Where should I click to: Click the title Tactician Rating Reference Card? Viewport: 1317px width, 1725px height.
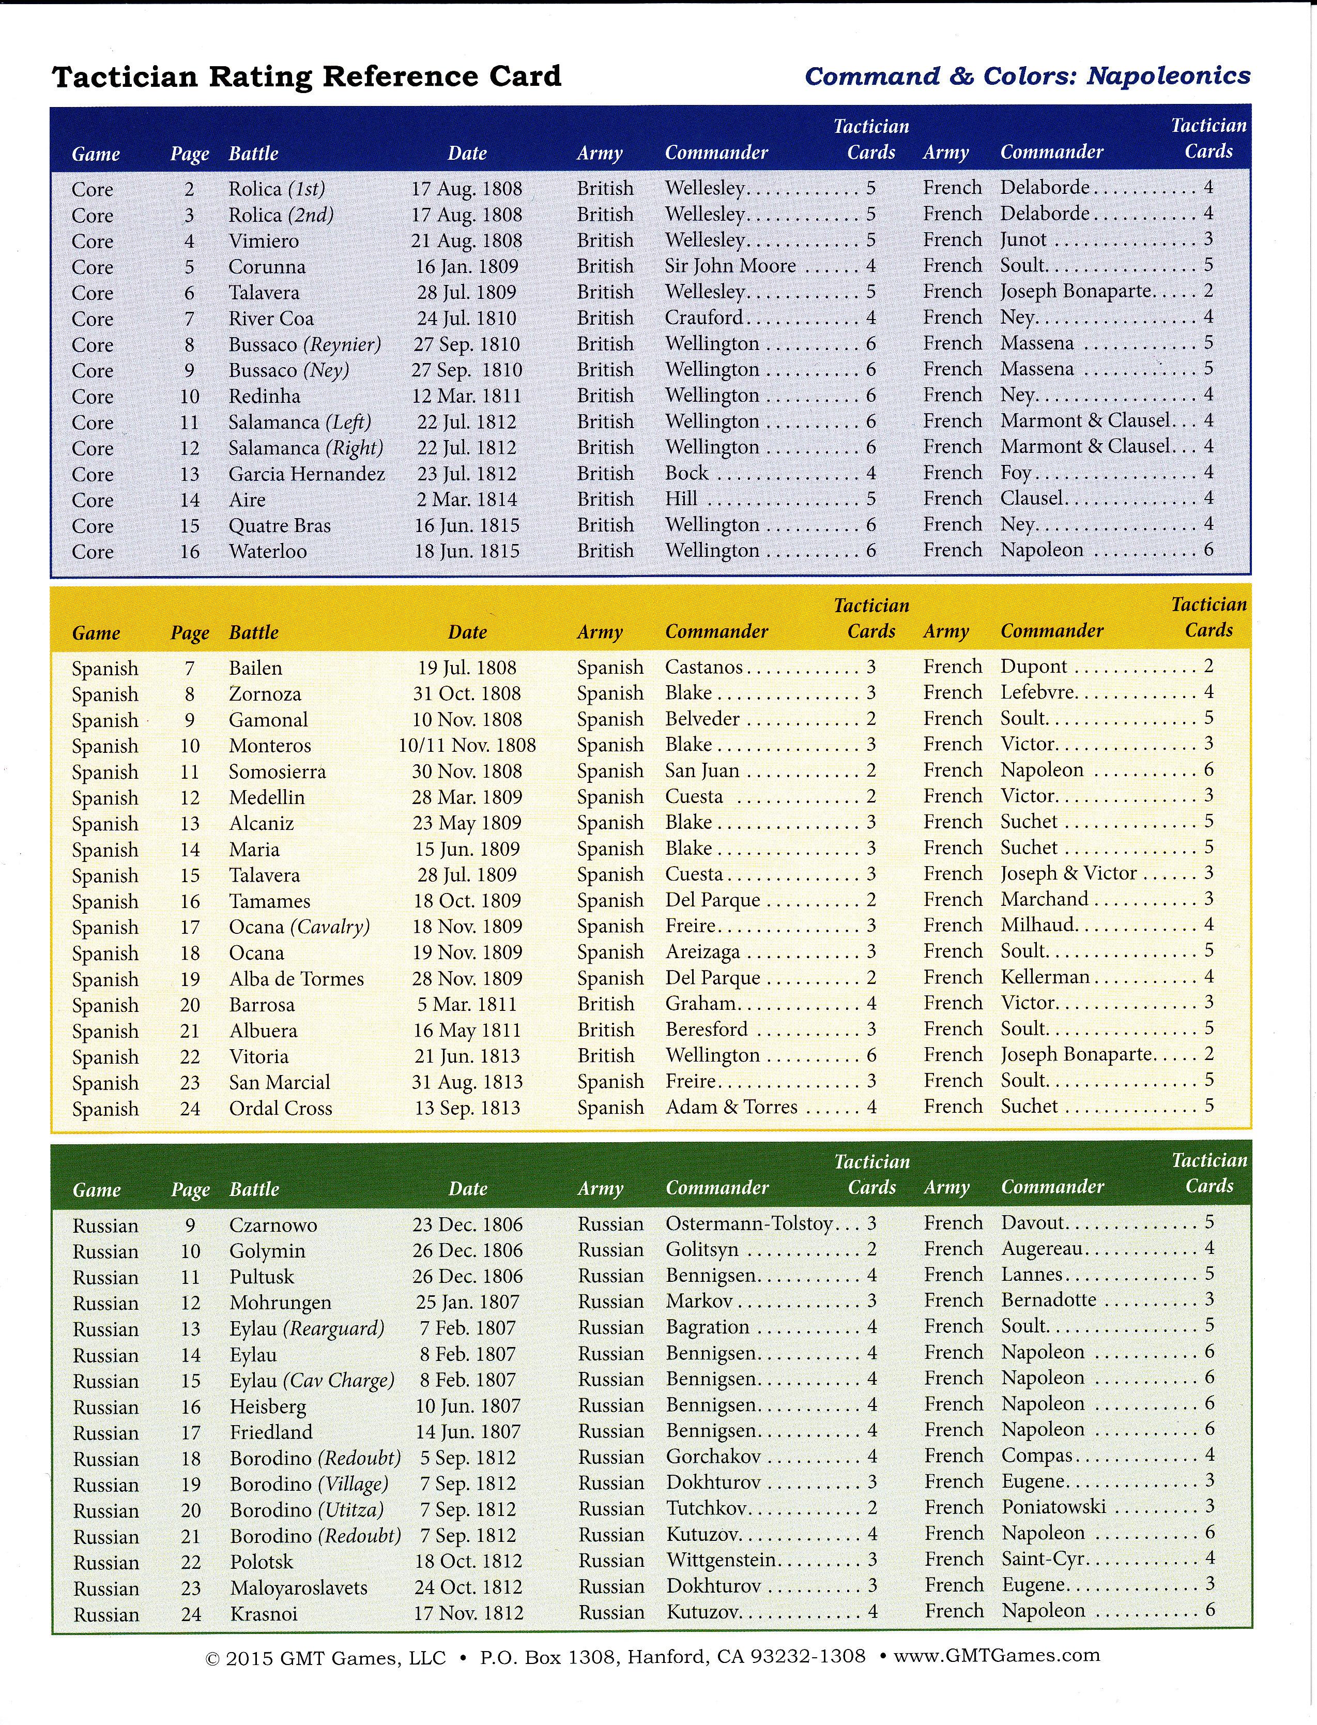pos(307,77)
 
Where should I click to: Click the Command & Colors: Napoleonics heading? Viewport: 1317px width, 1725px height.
pos(1027,76)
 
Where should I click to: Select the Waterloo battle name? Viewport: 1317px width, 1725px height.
pos(267,551)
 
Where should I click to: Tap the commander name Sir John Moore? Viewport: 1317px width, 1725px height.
pos(730,266)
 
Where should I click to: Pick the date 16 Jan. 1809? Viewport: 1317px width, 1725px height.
pos(466,267)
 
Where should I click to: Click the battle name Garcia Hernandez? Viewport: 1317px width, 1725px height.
pos(307,474)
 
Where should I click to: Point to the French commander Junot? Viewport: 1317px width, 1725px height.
pos(1023,239)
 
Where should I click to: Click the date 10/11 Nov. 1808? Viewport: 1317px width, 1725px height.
pos(466,745)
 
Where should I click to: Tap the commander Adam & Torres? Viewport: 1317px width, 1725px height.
pos(731,1107)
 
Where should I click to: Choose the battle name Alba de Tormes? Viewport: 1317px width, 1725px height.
pos(296,978)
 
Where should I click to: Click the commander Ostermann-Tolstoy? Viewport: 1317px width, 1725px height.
pos(748,1223)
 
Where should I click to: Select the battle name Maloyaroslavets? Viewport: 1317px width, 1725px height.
pos(299,1588)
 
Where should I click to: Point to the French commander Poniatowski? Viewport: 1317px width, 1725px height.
pos(1053,1506)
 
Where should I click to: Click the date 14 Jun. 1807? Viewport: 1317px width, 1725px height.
pos(467,1432)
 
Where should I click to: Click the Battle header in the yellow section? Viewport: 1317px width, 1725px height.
pos(254,632)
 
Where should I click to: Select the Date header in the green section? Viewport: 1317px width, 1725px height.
pos(467,1189)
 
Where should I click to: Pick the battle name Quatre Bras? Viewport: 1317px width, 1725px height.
pos(279,525)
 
